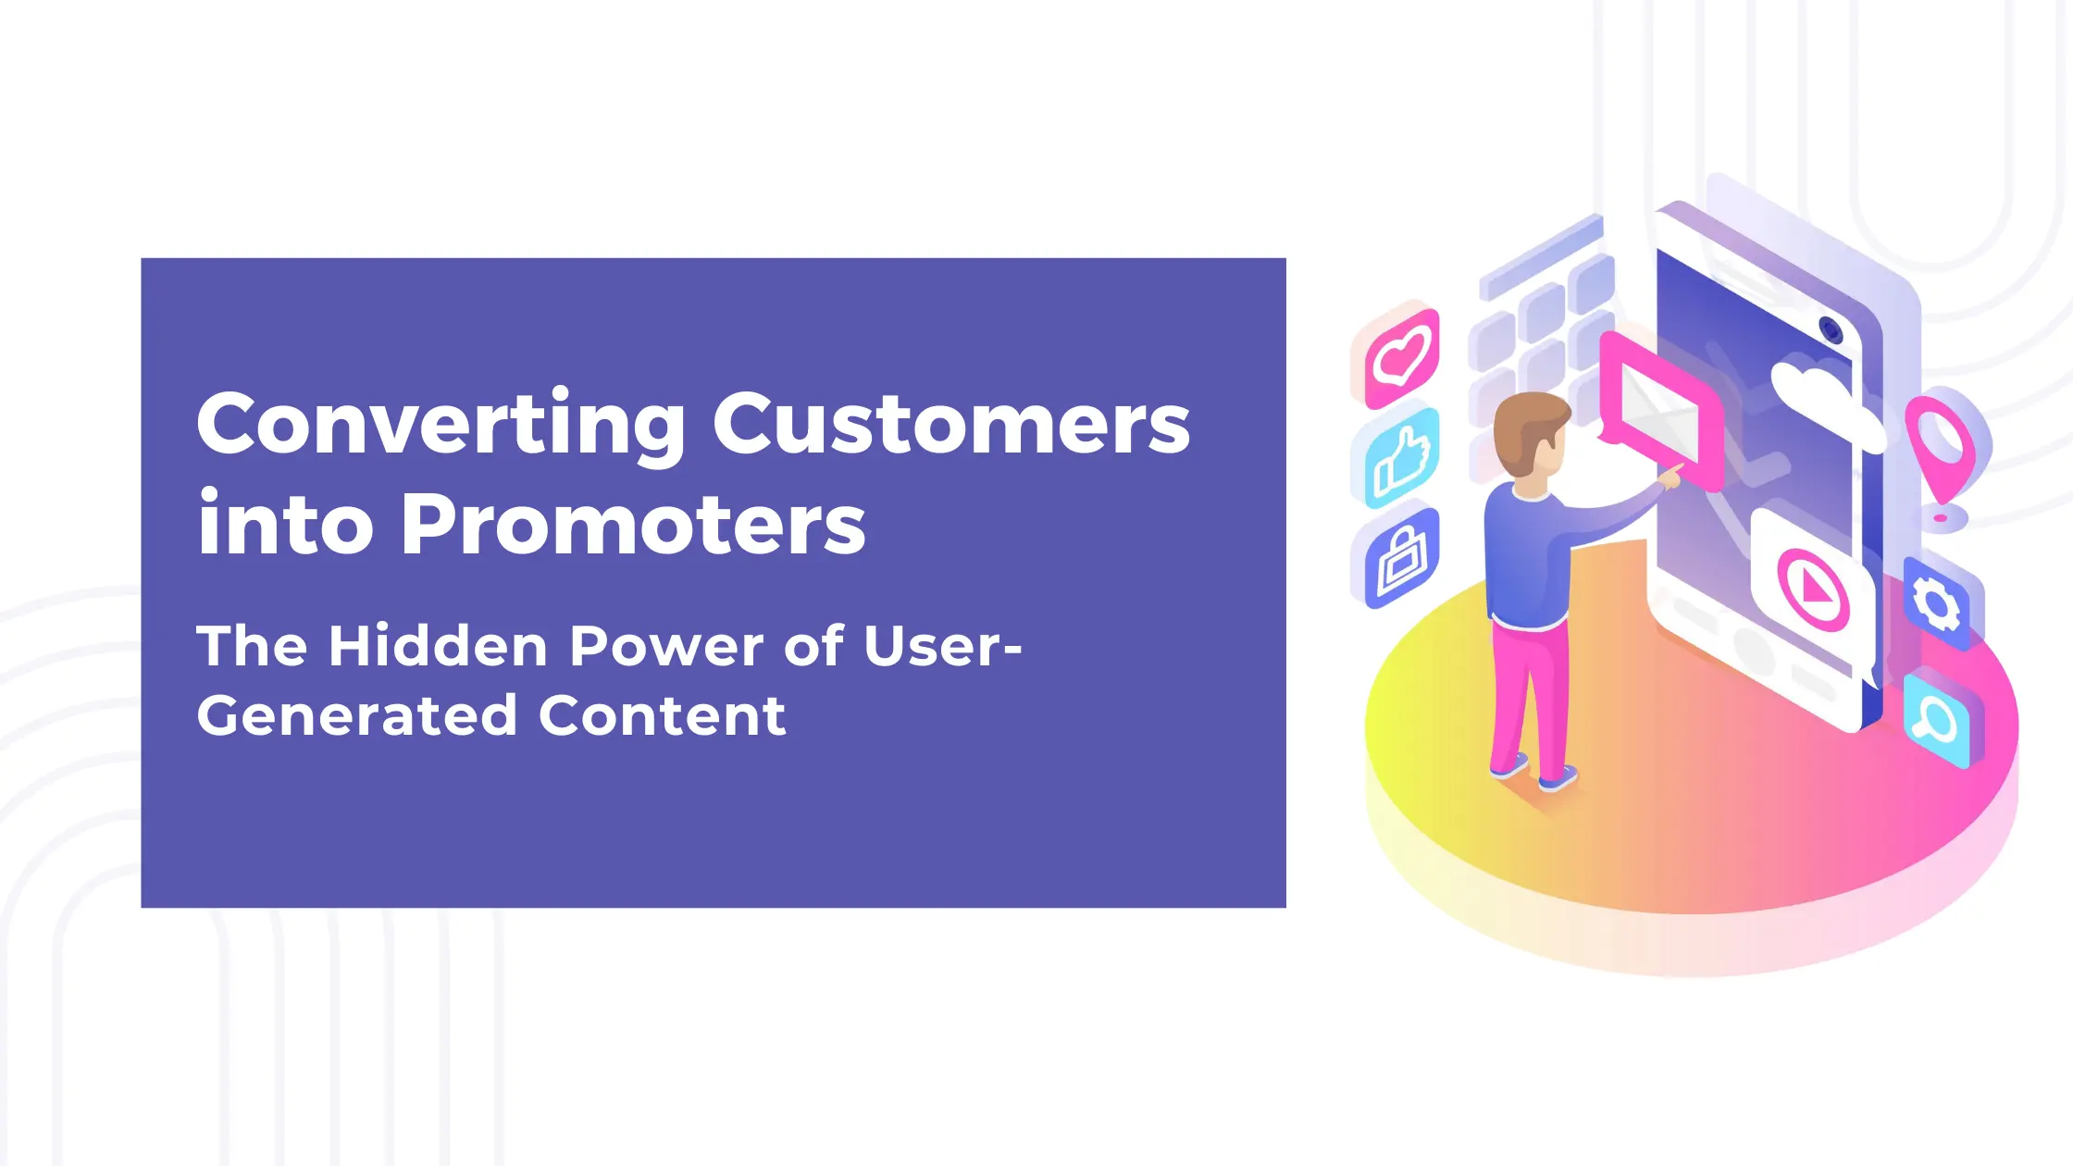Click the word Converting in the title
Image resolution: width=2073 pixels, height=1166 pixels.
coord(441,424)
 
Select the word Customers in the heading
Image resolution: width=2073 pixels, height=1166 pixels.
coord(951,424)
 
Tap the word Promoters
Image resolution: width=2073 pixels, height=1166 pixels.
coord(633,525)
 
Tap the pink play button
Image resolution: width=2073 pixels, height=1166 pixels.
coord(1812,589)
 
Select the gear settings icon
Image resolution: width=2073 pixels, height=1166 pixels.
coord(1936,603)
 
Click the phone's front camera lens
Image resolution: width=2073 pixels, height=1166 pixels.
coord(1830,329)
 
